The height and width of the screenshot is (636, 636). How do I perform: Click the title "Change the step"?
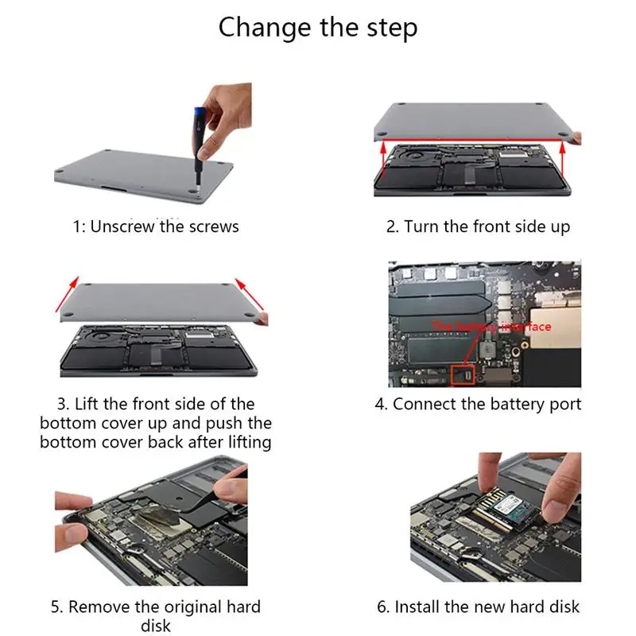(x=318, y=28)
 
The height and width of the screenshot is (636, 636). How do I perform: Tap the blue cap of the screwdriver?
(x=200, y=113)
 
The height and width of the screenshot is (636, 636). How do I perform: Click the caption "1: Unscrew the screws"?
(x=156, y=227)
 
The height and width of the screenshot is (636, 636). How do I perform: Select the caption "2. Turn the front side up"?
(x=479, y=227)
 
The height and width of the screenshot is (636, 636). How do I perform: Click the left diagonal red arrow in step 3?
(x=68, y=294)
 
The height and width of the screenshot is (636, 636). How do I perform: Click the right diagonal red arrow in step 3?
(x=250, y=294)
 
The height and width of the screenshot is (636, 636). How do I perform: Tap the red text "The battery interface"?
(x=491, y=327)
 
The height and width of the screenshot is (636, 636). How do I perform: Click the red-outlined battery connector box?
(x=463, y=375)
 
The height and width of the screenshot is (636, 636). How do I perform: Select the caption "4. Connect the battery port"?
(x=479, y=404)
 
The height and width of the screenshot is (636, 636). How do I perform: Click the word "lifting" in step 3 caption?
(x=250, y=442)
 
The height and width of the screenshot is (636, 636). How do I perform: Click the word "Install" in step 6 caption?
(x=417, y=607)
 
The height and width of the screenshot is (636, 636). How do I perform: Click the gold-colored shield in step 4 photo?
(x=555, y=328)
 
